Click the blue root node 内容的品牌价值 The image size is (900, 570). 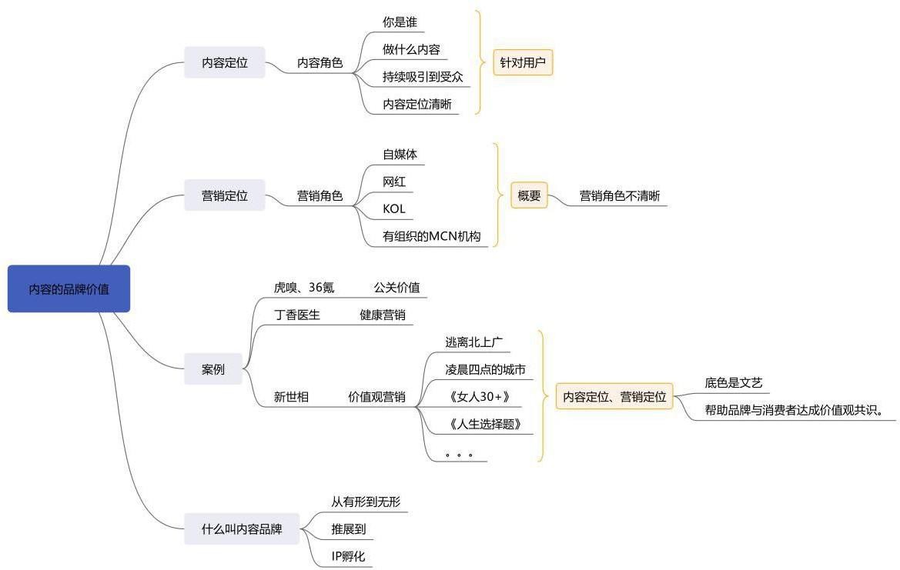click(x=69, y=289)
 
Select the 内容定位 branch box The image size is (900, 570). click(x=224, y=63)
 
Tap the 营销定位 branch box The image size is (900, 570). click(x=224, y=196)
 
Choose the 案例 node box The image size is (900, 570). click(x=213, y=369)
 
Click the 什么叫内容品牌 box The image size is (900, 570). click(x=241, y=529)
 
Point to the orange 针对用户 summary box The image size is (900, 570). click(x=523, y=63)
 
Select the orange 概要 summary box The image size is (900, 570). click(x=529, y=196)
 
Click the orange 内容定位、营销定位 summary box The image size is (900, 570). click(x=614, y=397)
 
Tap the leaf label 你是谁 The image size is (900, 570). click(x=400, y=22)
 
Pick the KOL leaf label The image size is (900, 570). click(x=394, y=208)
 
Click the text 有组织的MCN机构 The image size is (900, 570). click(x=431, y=236)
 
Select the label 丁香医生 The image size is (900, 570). click(x=297, y=314)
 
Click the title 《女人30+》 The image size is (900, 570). click(x=478, y=397)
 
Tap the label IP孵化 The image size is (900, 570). click(x=348, y=556)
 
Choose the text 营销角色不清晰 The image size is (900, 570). click(x=620, y=196)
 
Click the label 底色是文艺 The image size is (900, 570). click(x=733, y=382)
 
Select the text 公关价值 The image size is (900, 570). click(x=396, y=288)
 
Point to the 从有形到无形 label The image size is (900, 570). click(x=366, y=502)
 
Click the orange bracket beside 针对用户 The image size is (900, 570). click(x=480, y=63)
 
